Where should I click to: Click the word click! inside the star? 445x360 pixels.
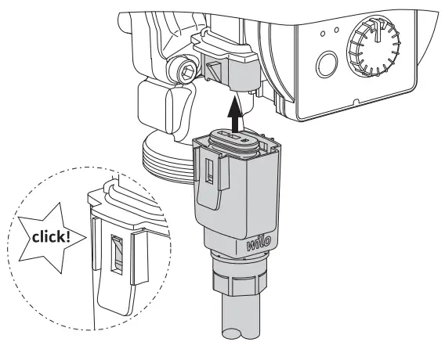click(x=47, y=236)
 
